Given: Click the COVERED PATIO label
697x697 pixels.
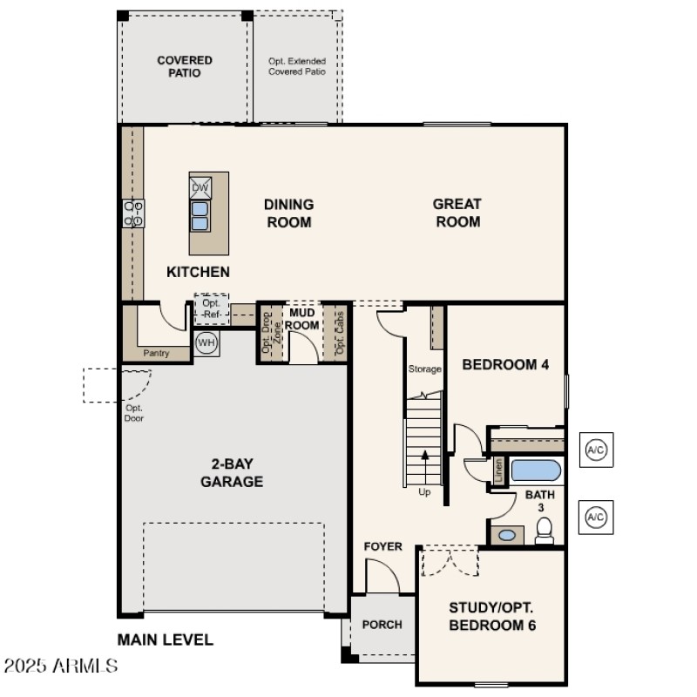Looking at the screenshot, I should (x=185, y=66).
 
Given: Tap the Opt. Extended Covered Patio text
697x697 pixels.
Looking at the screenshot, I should (x=297, y=66).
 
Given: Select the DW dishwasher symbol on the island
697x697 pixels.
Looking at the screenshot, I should (x=200, y=187).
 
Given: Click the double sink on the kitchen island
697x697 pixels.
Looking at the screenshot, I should (x=200, y=215).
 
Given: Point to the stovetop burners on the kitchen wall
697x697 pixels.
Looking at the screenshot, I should (x=133, y=213).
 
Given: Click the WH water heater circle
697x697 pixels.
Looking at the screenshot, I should (x=206, y=342).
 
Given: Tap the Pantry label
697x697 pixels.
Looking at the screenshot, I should (x=157, y=353).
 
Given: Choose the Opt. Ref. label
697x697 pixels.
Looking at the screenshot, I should (x=212, y=308).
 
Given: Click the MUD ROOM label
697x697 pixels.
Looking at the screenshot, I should (x=304, y=319).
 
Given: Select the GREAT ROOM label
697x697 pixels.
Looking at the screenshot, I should (x=457, y=213).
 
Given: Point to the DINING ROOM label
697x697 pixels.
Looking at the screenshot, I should (x=288, y=213).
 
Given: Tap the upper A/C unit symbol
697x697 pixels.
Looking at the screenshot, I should (x=596, y=450).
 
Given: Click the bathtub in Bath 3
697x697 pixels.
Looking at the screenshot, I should (x=535, y=470).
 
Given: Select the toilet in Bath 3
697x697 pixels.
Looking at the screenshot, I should (x=545, y=530).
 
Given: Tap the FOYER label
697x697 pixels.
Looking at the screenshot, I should (x=383, y=546).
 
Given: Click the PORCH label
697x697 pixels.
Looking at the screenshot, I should (x=382, y=624).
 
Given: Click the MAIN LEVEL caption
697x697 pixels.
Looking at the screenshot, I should (x=166, y=639).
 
